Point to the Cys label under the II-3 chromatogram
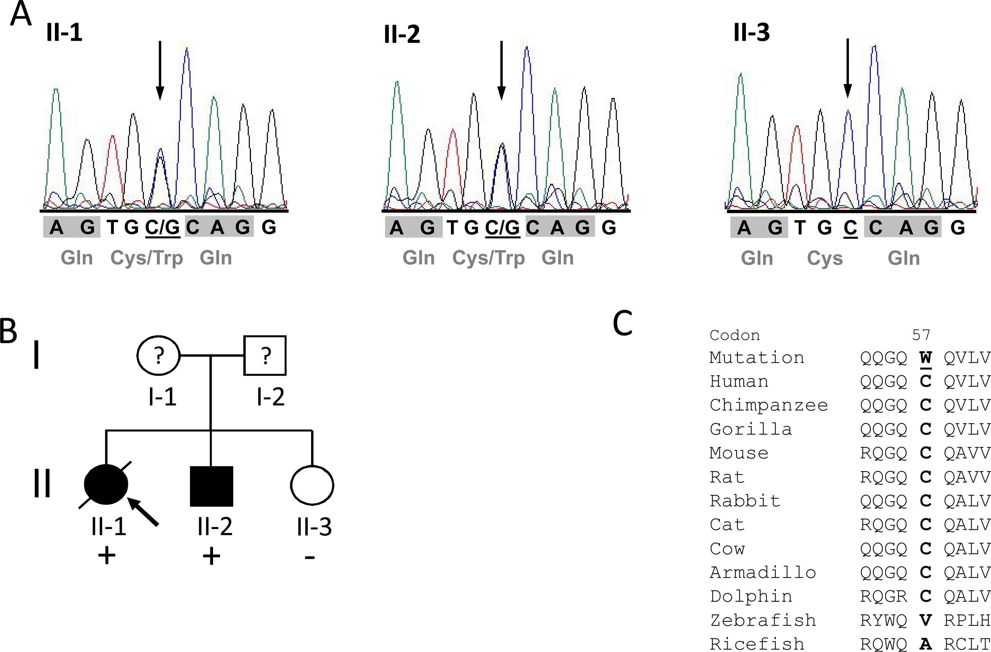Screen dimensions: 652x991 pyautogui.click(x=825, y=258)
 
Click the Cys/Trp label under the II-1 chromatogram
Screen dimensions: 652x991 pyautogui.click(x=146, y=258)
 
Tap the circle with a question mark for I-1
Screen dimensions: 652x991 pyautogui.click(x=159, y=355)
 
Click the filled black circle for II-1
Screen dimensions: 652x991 pyautogui.click(x=106, y=485)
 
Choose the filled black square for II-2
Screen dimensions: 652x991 pyautogui.click(x=212, y=486)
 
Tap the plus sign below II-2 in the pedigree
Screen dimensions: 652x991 pyautogui.click(x=212, y=556)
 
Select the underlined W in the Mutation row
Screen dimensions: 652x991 pyautogui.click(x=925, y=357)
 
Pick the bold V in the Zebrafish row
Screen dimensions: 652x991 pyautogui.click(x=925, y=620)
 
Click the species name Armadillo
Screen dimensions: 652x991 pyautogui.click(x=762, y=572)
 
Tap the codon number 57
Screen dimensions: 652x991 pyautogui.click(x=921, y=335)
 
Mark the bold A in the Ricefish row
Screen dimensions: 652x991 pyautogui.click(x=925, y=644)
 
